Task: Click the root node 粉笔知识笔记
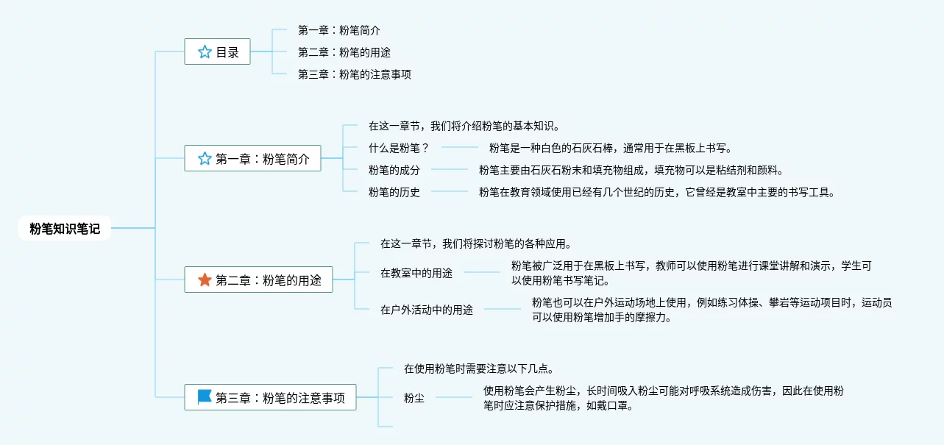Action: [x=65, y=229]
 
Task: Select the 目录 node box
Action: [x=217, y=52]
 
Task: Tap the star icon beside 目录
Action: [x=205, y=52]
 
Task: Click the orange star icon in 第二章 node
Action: [x=205, y=280]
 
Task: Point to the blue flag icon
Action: [x=205, y=397]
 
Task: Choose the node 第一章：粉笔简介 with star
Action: [x=252, y=158]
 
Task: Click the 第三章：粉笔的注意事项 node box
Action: [x=270, y=397]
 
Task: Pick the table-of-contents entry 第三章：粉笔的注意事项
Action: [x=354, y=74]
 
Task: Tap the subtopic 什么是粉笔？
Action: [x=398, y=147]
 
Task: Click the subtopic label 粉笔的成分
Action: [x=394, y=170]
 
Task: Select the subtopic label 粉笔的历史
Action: [x=394, y=193]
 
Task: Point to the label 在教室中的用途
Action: [x=416, y=273]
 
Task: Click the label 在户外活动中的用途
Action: [x=427, y=310]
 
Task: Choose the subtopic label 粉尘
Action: [x=414, y=398]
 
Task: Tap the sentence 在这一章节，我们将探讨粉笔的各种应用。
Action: [x=475, y=243]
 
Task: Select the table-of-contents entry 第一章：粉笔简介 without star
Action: [x=338, y=30]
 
